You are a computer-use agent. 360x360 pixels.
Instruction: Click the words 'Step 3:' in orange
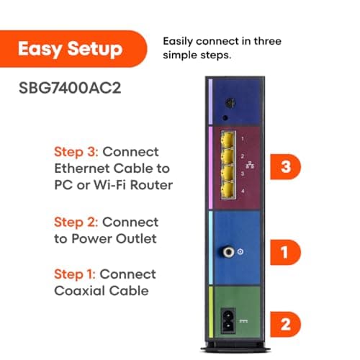pos(76,153)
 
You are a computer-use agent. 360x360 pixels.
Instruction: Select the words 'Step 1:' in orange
pos(76,274)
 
